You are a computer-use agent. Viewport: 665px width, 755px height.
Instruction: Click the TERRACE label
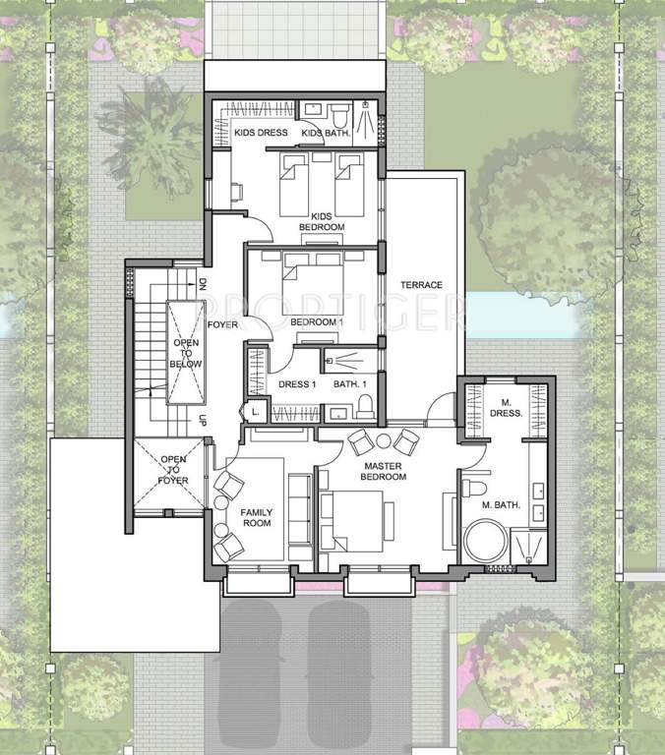coord(421,285)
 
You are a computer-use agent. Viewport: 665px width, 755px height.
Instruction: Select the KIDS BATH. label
coord(322,133)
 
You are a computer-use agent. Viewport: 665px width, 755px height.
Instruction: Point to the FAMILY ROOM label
coord(258,517)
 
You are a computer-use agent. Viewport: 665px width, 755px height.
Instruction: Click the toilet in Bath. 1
coord(365,405)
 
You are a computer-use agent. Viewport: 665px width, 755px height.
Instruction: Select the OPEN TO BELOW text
coord(187,354)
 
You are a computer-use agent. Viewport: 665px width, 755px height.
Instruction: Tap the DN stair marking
coord(202,285)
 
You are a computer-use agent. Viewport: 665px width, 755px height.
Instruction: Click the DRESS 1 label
coord(296,384)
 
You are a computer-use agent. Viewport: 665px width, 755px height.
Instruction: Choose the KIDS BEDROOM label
coord(327,222)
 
